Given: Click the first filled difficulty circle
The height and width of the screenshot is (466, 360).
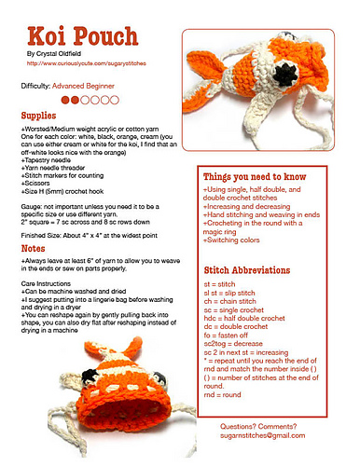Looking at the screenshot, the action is pyautogui.click(x=65, y=98).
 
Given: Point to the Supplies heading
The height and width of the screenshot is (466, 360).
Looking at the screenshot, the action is pyautogui.click(x=39, y=114).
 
